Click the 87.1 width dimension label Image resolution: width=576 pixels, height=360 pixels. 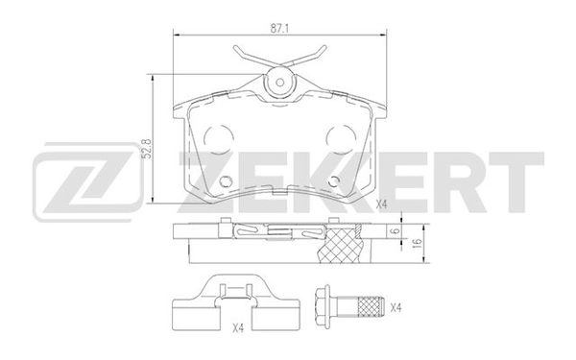(279, 29)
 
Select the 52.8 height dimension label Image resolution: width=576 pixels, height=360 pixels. (147, 149)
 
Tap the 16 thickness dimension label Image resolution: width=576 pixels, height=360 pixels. (417, 243)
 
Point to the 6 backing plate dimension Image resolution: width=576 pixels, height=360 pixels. (396, 231)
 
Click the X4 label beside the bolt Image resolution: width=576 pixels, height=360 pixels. (396, 308)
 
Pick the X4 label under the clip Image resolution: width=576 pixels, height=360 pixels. (238, 328)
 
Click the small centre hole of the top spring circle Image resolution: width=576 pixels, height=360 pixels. (280, 83)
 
